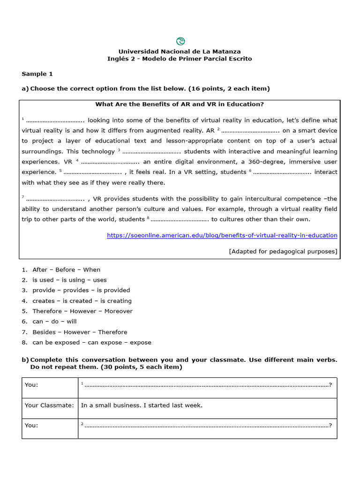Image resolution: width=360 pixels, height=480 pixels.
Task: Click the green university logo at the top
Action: point(180,41)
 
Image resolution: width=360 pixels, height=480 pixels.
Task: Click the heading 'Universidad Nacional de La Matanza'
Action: point(180,51)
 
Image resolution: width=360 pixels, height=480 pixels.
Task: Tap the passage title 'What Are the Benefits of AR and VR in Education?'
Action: point(180,105)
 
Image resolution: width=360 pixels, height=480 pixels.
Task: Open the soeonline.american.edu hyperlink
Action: point(222,235)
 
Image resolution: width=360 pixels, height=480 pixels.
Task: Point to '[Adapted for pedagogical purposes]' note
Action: point(283,251)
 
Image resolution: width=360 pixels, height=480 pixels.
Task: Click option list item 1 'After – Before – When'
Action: point(66,270)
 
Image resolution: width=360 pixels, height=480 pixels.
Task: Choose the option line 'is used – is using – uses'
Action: point(69,280)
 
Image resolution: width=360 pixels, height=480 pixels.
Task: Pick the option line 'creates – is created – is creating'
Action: point(82,301)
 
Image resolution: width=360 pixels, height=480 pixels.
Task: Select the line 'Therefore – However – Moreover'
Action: point(82,311)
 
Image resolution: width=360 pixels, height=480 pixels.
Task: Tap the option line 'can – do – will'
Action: point(54,322)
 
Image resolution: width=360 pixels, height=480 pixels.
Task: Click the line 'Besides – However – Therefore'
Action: point(80,332)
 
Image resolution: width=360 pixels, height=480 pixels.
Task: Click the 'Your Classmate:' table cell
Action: point(50,405)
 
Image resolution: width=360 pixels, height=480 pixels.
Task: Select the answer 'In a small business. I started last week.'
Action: point(142,405)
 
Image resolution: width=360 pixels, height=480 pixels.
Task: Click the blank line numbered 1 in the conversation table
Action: point(206,385)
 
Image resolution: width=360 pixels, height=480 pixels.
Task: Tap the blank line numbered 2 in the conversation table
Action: point(206,426)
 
